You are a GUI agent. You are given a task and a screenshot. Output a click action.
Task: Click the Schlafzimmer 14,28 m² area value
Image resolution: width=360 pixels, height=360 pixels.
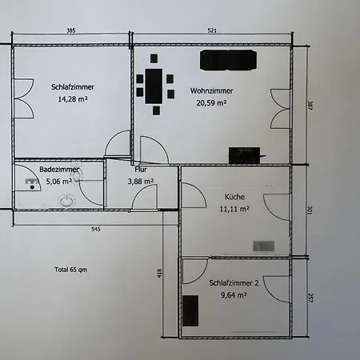73,99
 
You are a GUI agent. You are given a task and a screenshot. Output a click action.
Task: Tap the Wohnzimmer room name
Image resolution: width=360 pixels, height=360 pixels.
211,91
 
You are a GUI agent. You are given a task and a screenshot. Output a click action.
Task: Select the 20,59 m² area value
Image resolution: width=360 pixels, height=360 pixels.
211,103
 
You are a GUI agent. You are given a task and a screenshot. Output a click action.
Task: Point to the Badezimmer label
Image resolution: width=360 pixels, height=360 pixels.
59,170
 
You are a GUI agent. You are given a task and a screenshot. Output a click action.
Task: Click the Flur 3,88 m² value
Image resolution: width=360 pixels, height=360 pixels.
141,182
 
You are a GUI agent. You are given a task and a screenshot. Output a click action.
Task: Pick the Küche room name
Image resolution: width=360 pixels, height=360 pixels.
234,197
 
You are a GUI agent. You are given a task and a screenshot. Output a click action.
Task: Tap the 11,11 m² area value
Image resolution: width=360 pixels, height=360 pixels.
234,209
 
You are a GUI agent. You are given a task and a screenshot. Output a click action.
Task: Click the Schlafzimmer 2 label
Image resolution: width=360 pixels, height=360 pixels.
234,283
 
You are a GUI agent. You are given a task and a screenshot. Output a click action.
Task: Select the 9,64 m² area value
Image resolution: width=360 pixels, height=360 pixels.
234,295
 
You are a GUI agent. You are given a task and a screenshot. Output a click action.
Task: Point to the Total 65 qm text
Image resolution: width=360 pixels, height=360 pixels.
70,270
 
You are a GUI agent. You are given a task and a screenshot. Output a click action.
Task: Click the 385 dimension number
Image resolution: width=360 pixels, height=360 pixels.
70,30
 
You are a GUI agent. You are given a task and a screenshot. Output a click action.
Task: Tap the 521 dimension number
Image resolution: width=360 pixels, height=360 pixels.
212,30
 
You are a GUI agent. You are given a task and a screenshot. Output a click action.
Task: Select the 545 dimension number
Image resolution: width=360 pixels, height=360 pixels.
96,229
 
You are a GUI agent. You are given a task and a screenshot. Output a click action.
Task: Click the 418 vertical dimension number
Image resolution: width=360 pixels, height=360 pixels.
159,273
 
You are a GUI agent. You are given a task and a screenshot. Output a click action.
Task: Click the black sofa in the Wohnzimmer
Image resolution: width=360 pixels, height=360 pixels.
229,60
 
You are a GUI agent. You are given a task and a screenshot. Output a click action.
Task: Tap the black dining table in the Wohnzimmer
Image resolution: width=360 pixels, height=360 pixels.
154,86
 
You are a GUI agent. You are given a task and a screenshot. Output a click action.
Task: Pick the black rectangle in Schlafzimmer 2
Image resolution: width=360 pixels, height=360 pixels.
190,310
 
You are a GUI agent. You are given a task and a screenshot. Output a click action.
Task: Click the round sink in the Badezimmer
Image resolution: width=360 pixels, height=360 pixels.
66,201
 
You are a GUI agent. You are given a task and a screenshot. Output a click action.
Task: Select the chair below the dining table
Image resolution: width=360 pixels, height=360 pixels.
156,110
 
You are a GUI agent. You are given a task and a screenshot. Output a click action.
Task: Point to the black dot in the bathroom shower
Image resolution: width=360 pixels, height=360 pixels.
32,187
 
